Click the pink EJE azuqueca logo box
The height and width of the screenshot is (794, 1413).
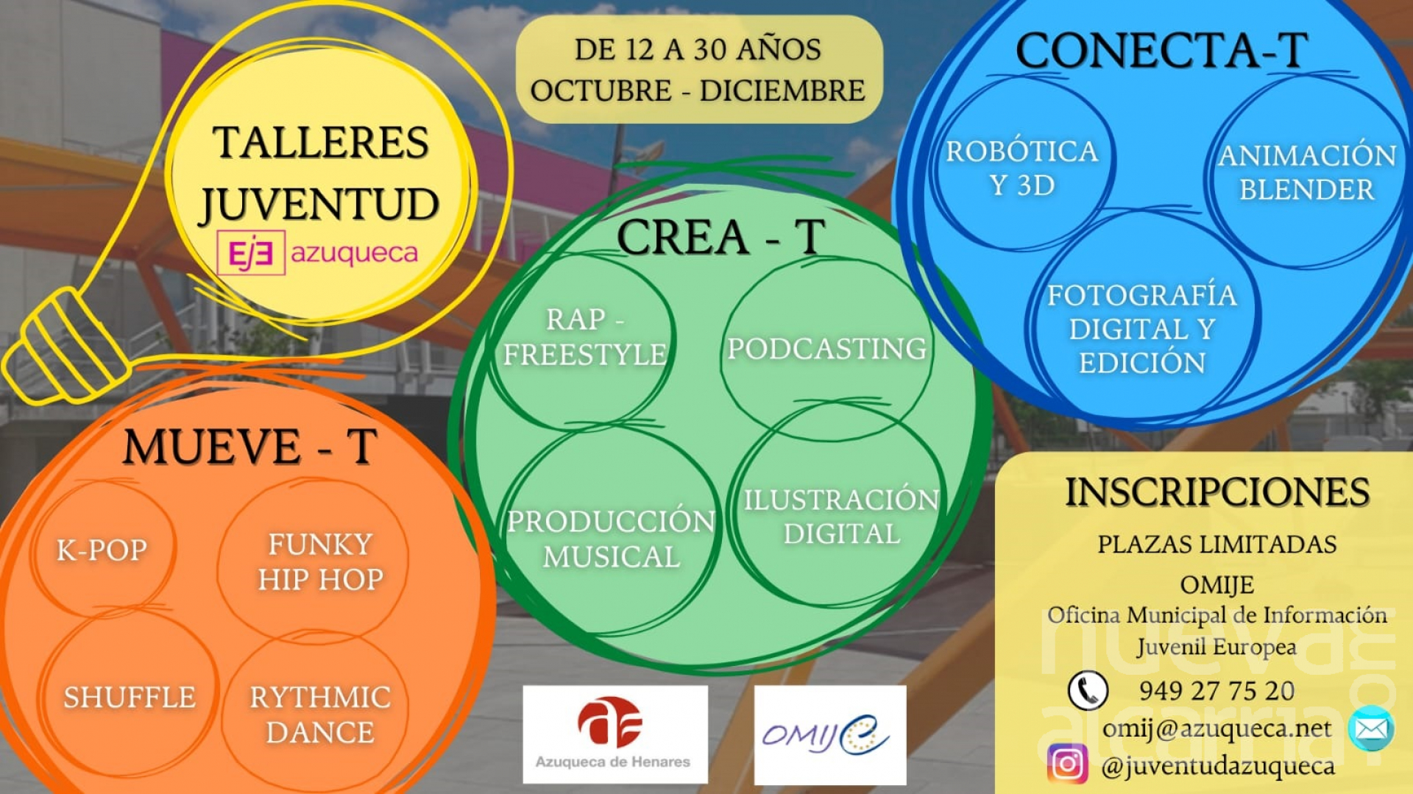pyautogui.click(x=251, y=253)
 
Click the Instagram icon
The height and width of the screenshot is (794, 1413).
pyautogui.click(x=1067, y=764)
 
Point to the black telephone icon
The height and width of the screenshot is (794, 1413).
pyautogui.click(x=1088, y=690)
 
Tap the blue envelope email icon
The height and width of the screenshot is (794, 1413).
pyautogui.click(x=1371, y=729)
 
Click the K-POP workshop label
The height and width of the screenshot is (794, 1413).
pyautogui.click(x=102, y=550)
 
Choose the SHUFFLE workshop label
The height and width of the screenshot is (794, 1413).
pyautogui.click(x=130, y=697)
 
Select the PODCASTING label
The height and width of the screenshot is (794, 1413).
pyautogui.click(x=827, y=349)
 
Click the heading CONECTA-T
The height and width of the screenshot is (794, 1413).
pyautogui.click(x=1161, y=51)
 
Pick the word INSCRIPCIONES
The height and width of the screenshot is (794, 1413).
pyautogui.click(x=1217, y=492)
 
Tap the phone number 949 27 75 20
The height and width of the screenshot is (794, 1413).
pyautogui.click(x=1217, y=691)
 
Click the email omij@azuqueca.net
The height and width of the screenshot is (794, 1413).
pyautogui.click(x=1217, y=729)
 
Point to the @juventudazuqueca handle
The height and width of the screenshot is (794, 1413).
pyautogui.click(x=1218, y=766)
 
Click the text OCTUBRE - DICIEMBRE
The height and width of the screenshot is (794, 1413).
pyautogui.click(x=698, y=91)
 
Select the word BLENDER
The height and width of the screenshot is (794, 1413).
pyautogui.click(x=1307, y=190)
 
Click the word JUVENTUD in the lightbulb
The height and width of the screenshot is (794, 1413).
pyautogui.click(x=319, y=205)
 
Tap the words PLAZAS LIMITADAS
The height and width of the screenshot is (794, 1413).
pyautogui.click(x=1217, y=545)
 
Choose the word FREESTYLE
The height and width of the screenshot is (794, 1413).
pyautogui.click(x=585, y=355)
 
